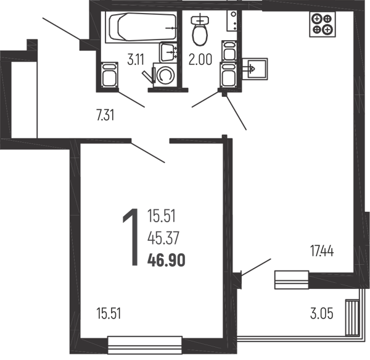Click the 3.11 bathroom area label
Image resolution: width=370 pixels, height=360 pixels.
[x=136, y=61]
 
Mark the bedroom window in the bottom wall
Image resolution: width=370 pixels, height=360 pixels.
[x=146, y=341]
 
